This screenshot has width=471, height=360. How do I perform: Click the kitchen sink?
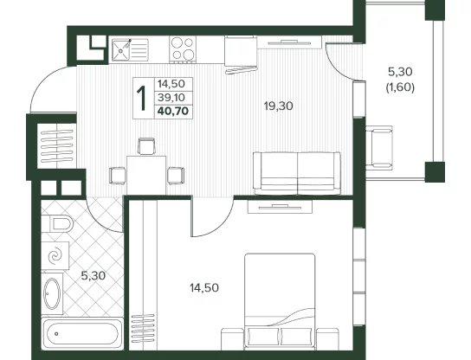(130, 49)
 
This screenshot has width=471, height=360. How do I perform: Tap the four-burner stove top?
(183, 49)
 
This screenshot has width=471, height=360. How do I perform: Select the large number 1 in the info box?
(142, 98)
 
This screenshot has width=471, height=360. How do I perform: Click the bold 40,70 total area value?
(172, 112)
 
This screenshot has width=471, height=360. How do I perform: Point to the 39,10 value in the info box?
(171, 97)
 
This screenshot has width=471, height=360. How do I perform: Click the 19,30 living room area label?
(278, 106)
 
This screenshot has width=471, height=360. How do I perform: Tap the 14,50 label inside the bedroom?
(204, 288)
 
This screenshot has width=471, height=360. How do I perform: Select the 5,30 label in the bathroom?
(94, 276)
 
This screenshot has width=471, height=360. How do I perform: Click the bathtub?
(82, 333)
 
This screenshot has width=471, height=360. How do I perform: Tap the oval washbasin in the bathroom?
(52, 293)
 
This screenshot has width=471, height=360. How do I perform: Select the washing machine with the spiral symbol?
(55, 256)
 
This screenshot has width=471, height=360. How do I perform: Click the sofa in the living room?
(297, 173)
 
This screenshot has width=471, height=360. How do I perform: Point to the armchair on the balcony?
(379, 148)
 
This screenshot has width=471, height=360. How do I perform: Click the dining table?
(146, 176)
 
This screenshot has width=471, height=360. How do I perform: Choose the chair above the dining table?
(146, 146)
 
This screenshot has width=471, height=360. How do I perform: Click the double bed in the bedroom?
(280, 301)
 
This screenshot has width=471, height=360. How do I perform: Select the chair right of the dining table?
(176, 176)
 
